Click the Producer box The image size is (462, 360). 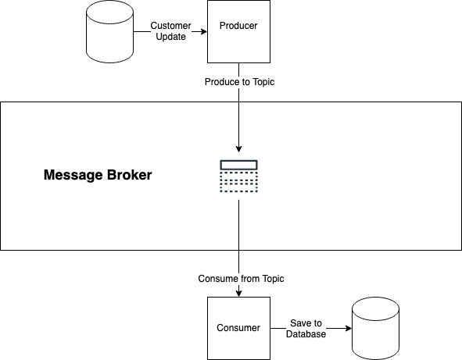238,31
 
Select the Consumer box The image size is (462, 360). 238,328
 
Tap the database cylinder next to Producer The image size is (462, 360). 110,31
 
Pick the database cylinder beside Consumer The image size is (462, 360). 376,328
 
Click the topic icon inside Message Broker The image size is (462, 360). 239,176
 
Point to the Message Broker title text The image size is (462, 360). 98,175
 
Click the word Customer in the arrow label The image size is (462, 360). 171,26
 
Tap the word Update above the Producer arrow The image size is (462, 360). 171,37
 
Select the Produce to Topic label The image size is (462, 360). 239,82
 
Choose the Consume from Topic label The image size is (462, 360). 241,279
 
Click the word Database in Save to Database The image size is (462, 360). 306,334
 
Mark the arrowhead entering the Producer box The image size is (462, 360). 204,31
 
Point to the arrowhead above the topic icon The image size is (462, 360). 239,148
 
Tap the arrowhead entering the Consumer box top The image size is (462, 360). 239,293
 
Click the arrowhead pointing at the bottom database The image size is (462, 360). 349,328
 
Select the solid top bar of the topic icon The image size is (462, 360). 239,165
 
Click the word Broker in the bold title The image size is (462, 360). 129,175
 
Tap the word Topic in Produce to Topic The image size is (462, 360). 263,82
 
